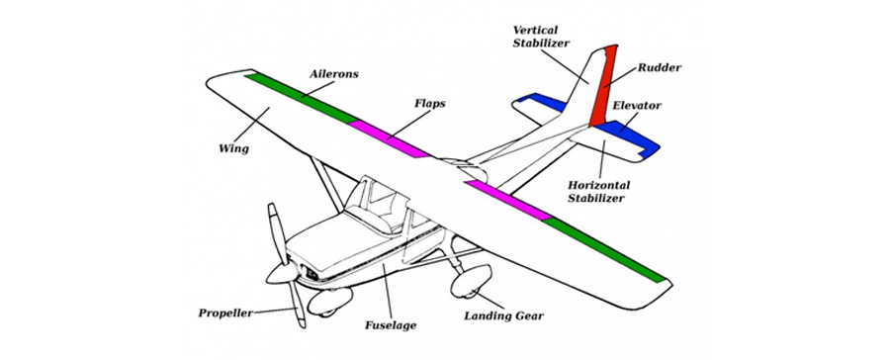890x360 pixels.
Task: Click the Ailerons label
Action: [x=334, y=74]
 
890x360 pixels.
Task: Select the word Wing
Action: [x=232, y=149]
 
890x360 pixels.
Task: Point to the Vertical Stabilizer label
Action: [x=540, y=37]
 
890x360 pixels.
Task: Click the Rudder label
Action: [x=660, y=68]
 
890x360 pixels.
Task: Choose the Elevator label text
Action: [x=637, y=105]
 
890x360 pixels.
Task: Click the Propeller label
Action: [x=226, y=313]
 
